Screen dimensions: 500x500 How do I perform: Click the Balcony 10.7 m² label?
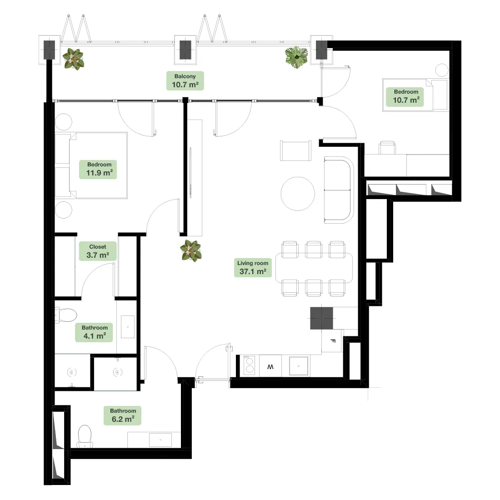point(185,80)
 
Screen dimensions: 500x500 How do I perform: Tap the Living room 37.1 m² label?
point(253,268)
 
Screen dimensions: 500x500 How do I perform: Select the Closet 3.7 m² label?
point(98,251)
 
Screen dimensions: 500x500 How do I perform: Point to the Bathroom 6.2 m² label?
point(123,415)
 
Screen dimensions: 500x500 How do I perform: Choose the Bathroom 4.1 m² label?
point(95,332)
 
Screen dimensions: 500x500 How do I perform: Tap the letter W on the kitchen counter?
point(270,367)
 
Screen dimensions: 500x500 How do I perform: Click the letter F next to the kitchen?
point(333,341)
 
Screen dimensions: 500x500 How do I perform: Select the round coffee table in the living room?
point(298,194)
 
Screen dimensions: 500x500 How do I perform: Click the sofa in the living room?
point(339,190)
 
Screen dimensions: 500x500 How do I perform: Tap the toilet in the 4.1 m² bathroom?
point(66,315)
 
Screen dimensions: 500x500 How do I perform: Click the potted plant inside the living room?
point(191,250)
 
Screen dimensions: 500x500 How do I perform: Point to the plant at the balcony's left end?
point(73,59)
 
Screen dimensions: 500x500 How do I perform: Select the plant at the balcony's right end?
point(296,57)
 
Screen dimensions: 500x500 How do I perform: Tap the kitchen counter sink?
point(299,366)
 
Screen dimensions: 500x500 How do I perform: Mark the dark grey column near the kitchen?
point(321,318)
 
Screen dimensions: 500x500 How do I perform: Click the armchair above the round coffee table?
point(295,150)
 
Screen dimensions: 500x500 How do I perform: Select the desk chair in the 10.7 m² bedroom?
point(387,148)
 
